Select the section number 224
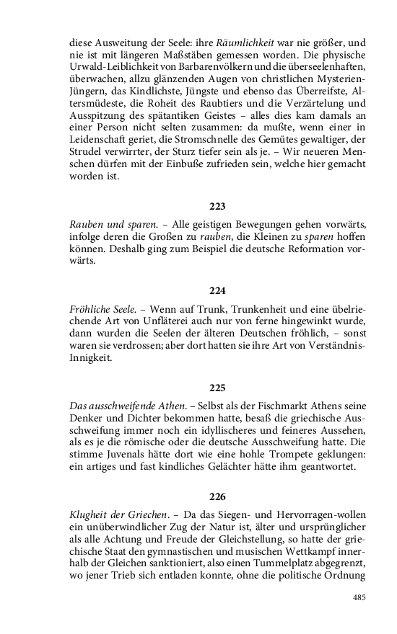click(217, 290)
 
